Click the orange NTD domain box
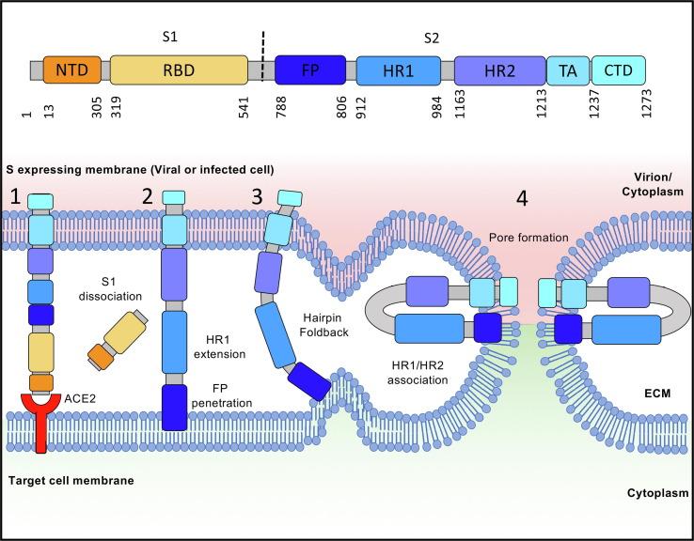point(71,70)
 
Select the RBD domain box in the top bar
point(179,70)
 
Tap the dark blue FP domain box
point(310,70)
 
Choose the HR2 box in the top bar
point(499,70)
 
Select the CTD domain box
point(619,70)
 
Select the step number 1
point(15,196)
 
